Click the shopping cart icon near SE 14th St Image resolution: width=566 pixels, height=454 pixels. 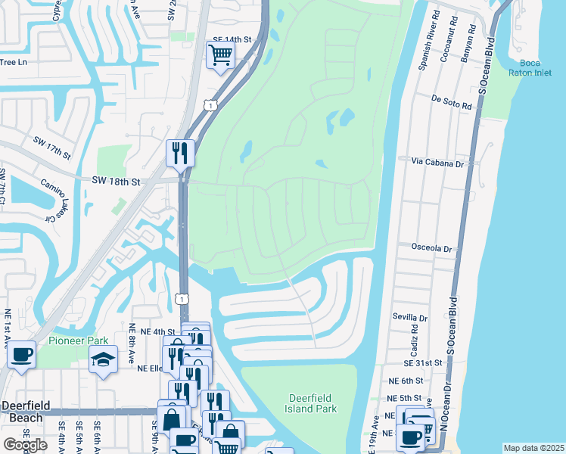click(x=220, y=54)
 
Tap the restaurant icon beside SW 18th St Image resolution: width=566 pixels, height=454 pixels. click(x=181, y=153)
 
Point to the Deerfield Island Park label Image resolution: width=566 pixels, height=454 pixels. click(x=312, y=403)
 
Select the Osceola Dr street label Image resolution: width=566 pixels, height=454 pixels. click(x=431, y=247)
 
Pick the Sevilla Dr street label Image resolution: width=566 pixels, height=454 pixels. click(x=411, y=319)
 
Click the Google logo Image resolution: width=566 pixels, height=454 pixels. click(x=25, y=445)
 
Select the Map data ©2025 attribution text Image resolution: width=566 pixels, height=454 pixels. click(x=533, y=448)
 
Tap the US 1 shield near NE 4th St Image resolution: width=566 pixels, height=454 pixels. click(x=182, y=300)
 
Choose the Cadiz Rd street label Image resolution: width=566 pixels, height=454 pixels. click(x=414, y=338)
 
